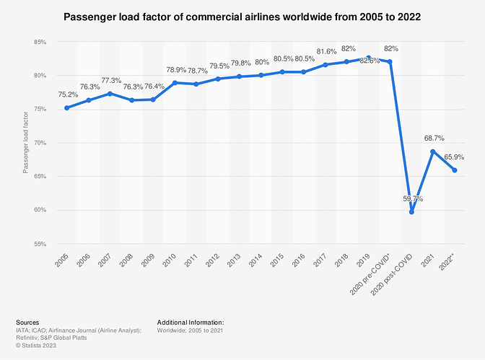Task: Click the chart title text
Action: (241, 15)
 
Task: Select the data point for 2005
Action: (66, 108)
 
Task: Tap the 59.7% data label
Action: (411, 198)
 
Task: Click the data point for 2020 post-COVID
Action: (411, 212)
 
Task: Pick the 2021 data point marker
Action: (433, 152)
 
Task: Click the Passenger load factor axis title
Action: (25, 143)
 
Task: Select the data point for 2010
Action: (174, 83)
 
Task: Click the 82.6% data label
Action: (369, 61)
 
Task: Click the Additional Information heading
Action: (190, 322)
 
